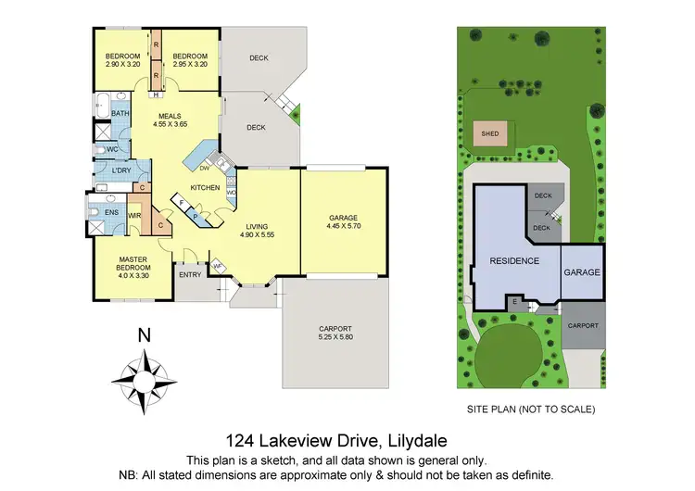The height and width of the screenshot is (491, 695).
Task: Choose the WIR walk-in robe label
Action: (134, 215)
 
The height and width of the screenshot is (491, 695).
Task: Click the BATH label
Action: (120, 114)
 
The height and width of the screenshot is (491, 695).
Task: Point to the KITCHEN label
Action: (205, 188)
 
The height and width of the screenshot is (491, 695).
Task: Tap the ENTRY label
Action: (190, 274)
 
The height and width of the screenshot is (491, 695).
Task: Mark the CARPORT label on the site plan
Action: (583, 326)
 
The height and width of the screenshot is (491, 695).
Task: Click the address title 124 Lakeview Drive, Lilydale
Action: (347, 442)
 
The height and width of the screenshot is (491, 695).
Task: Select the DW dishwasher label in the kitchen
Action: (204, 169)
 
